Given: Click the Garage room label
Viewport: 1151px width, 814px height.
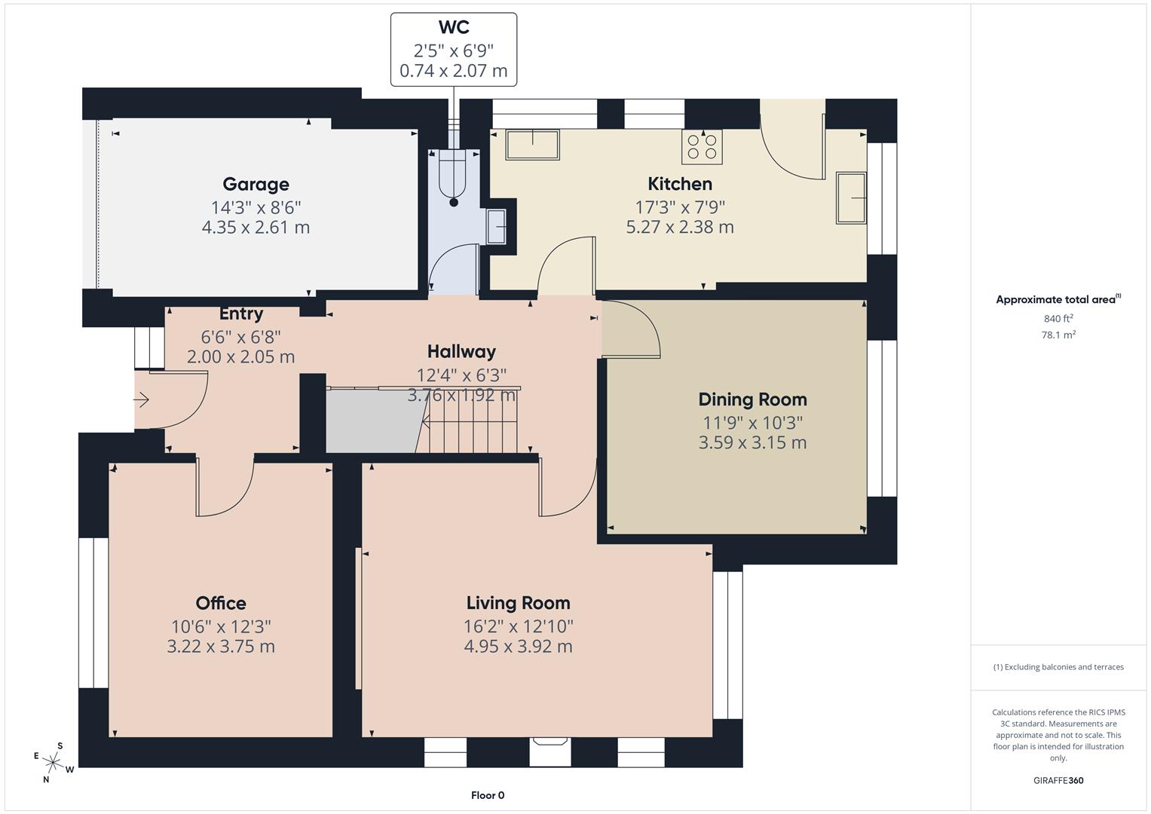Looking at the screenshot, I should [x=256, y=184].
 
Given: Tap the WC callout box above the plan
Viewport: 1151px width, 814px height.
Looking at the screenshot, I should [x=453, y=50].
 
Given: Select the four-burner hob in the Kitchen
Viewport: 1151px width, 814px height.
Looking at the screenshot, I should [x=702, y=146].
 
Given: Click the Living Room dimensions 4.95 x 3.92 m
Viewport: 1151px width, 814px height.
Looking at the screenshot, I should [x=518, y=646].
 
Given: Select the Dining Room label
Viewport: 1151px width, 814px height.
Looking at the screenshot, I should [x=752, y=399].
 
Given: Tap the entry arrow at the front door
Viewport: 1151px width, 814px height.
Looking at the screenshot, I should [x=142, y=400].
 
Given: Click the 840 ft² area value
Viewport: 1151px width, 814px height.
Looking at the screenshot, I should [x=1058, y=318].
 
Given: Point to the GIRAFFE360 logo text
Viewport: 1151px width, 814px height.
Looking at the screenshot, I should [x=1058, y=780].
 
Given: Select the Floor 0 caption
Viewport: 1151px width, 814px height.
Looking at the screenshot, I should [x=488, y=795].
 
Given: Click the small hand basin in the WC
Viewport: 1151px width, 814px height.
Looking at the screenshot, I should [x=496, y=226].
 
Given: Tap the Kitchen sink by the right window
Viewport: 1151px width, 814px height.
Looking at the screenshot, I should [x=851, y=197].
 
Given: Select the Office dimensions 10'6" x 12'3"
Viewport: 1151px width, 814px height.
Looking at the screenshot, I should [x=220, y=626].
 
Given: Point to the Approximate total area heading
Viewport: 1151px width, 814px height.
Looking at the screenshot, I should [x=1058, y=299].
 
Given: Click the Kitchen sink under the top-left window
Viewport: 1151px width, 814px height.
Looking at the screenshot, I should [x=532, y=145].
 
